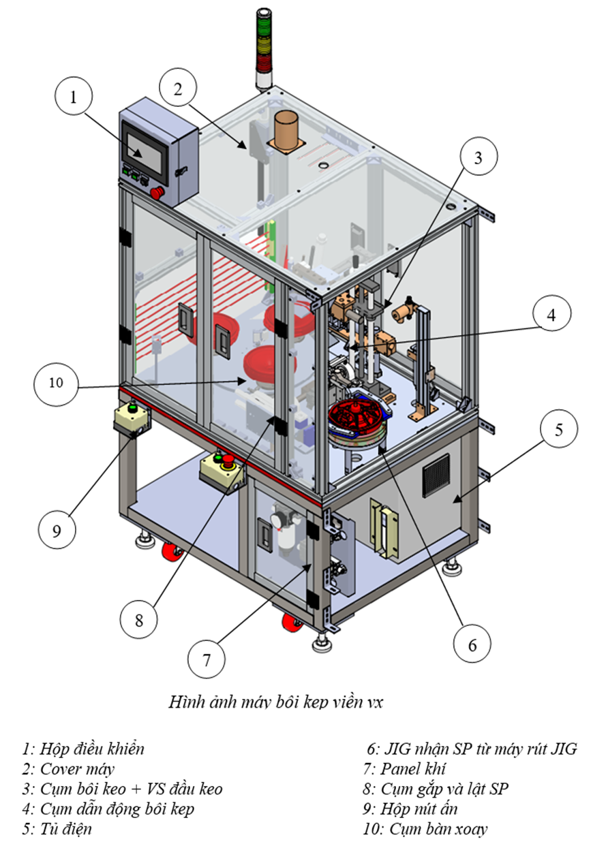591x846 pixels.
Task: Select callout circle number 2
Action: tap(178, 88)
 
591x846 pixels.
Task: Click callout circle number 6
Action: tap(472, 643)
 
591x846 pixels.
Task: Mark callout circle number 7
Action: tap(207, 659)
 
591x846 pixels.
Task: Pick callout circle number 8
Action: tap(139, 620)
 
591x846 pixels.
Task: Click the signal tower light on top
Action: tap(262, 48)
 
